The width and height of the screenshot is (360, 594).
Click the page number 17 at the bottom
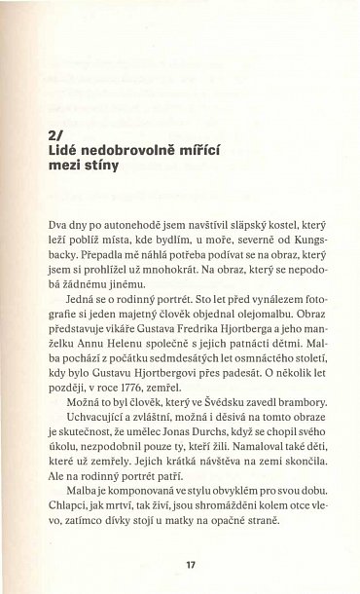pos(178,565)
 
